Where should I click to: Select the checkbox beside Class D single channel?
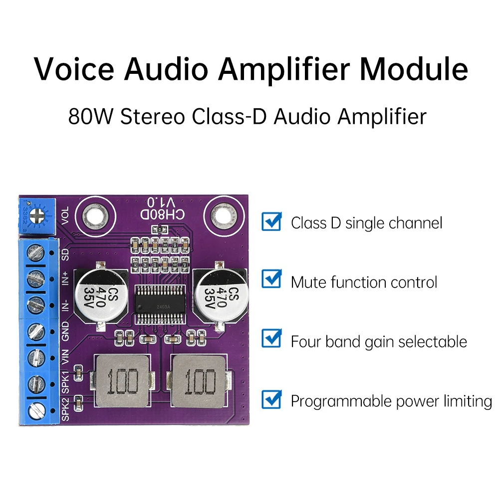click(271, 221)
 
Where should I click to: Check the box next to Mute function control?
click(271, 280)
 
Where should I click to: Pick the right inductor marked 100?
click(199, 382)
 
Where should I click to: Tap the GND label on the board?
click(65, 331)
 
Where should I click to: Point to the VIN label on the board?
click(65, 358)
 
